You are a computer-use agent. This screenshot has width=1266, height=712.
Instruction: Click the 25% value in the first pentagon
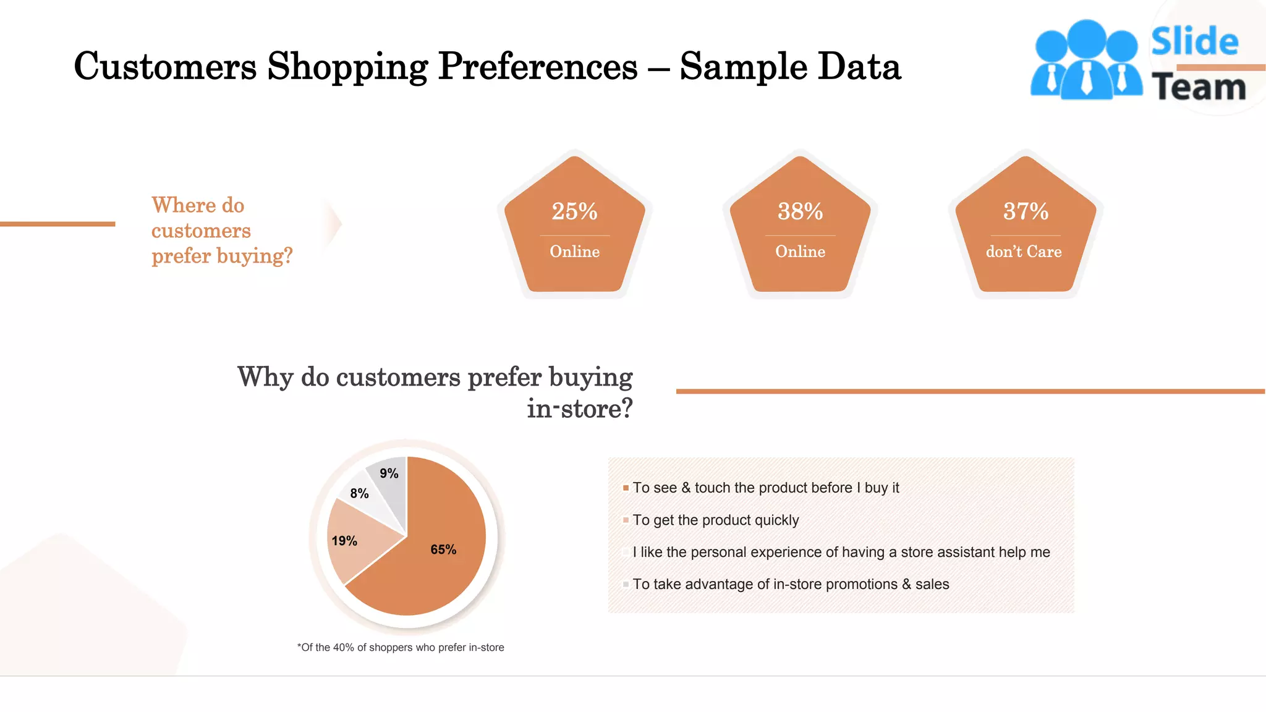(574, 211)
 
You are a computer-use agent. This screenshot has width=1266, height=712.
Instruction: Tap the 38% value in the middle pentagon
(800, 211)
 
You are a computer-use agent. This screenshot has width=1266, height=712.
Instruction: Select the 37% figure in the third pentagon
(1026, 211)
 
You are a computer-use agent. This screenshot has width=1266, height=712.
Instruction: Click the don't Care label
(1024, 252)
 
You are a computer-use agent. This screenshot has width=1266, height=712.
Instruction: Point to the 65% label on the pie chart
(443, 549)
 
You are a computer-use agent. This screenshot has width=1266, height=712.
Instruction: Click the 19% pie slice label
(344, 541)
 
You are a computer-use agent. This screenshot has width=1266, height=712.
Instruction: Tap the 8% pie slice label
(359, 493)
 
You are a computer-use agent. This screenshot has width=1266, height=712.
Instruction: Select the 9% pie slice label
(389, 473)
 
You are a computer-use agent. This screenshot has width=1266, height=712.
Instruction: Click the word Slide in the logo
(1194, 42)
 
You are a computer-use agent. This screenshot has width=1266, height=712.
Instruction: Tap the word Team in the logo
(1199, 87)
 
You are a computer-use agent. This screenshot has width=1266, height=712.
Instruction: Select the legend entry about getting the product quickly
(715, 520)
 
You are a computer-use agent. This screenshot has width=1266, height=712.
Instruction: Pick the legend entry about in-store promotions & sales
(791, 585)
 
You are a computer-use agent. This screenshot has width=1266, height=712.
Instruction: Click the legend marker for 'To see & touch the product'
(626, 488)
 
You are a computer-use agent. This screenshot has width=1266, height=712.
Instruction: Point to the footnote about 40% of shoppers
(401, 648)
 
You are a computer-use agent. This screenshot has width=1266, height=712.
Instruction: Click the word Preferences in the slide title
(537, 66)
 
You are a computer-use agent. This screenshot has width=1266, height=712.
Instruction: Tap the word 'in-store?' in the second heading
(579, 409)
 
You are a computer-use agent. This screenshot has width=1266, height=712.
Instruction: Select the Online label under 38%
(800, 252)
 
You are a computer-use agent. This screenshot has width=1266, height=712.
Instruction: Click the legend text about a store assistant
(841, 553)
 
